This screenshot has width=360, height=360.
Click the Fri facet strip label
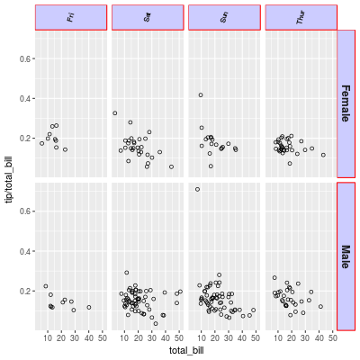pyautogui.click(x=71, y=17)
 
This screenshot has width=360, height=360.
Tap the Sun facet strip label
pyautogui.click(x=224, y=17)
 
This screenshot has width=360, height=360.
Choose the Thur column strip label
pyautogui.click(x=301, y=17)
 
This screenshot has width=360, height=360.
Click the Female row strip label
pyautogui.click(x=346, y=103)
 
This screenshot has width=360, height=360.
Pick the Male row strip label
pyautogui.click(x=346, y=257)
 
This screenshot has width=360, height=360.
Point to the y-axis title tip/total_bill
pyautogui.click(x=10, y=181)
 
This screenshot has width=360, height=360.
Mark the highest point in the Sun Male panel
pyautogui.click(x=197, y=190)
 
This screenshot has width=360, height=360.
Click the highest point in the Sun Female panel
pyautogui.click(x=201, y=94)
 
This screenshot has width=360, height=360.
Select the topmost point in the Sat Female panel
pyautogui.click(x=115, y=112)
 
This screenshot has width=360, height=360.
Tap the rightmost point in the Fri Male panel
pyautogui.click(x=89, y=308)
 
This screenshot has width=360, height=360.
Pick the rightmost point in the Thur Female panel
pyautogui.click(x=323, y=155)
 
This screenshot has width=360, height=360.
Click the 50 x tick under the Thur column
pyautogui.click(x=334, y=338)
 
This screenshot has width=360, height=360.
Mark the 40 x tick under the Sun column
pyautogui.click(x=242, y=338)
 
